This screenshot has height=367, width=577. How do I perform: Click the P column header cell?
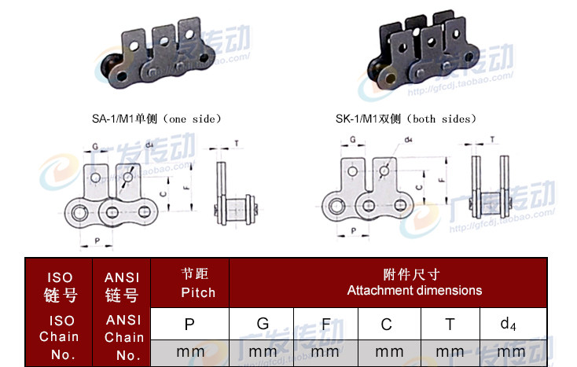click(189, 323)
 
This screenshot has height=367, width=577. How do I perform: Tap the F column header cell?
click(325, 323)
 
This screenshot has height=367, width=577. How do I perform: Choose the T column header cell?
click(450, 323)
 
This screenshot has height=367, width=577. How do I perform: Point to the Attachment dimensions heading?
click(414, 290)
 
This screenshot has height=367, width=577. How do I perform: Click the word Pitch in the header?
click(197, 292)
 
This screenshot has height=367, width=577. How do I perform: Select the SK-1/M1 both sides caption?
click(406, 119)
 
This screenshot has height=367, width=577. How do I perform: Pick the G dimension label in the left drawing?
click(96, 146)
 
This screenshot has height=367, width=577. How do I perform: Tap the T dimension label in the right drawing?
click(492, 139)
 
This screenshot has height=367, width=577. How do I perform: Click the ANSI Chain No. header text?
click(123, 336)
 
